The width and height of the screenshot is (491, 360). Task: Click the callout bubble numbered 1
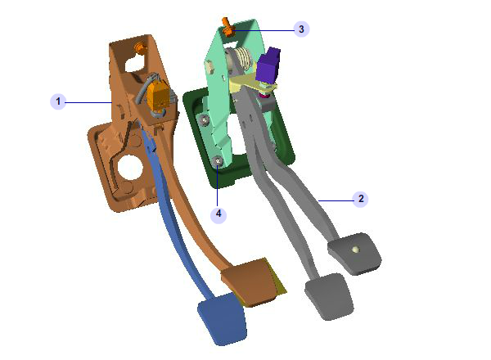[x=58, y=101]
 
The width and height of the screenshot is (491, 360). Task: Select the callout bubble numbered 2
[x=360, y=199]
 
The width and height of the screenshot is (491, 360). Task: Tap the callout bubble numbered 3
[x=301, y=29]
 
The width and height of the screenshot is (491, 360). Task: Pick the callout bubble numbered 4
[x=218, y=214]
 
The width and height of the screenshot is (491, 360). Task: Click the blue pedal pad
[x=223, y=319]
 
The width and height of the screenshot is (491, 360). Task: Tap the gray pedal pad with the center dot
[x=354, y=253]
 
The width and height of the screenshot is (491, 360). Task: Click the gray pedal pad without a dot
[x=330, y=296]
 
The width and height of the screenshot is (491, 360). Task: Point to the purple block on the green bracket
[x=268, y=66]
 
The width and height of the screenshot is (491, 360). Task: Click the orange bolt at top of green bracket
[x=227, y=27]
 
